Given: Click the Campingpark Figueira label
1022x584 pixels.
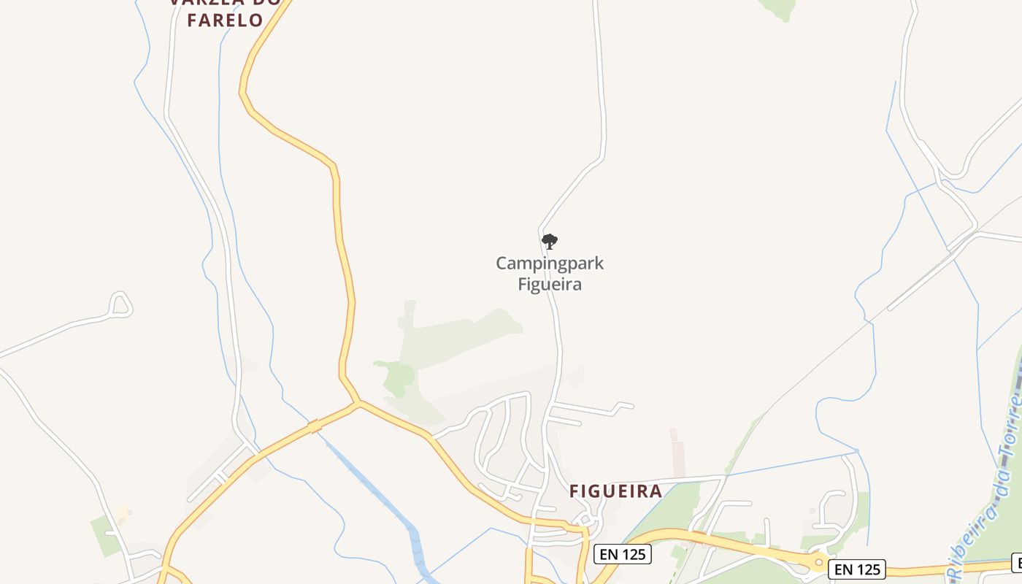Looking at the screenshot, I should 550,274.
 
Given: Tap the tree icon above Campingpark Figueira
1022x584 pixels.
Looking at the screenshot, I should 550,242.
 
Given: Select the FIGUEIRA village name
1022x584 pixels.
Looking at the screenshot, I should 615,491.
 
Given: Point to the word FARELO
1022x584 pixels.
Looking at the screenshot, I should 225,20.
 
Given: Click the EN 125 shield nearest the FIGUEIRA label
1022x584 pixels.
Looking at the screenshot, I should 622,554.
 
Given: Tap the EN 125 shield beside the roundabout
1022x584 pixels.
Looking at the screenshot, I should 858,569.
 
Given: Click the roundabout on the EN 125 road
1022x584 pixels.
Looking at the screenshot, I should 819,562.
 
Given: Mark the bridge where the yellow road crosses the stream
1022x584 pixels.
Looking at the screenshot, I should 315,426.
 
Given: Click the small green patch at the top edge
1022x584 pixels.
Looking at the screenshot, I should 780,9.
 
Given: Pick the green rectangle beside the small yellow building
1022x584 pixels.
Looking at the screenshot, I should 104,535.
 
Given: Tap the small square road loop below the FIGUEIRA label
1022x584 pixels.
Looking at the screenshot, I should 585,520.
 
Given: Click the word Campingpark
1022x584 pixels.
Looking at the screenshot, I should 550,263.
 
